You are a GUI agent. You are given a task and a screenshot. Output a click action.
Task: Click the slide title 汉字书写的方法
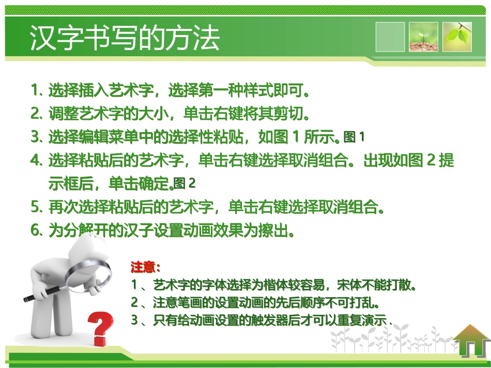pos(125,38)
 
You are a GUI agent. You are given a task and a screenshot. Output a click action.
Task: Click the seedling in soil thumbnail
pos(423,37)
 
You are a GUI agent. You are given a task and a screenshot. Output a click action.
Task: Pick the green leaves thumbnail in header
pos(456,37)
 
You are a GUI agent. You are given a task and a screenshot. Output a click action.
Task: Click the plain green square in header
pos(390,37)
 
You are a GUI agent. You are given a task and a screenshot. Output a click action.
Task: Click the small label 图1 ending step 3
pos(354,137)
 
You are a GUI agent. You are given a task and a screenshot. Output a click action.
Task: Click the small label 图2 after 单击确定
pos(185,183)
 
